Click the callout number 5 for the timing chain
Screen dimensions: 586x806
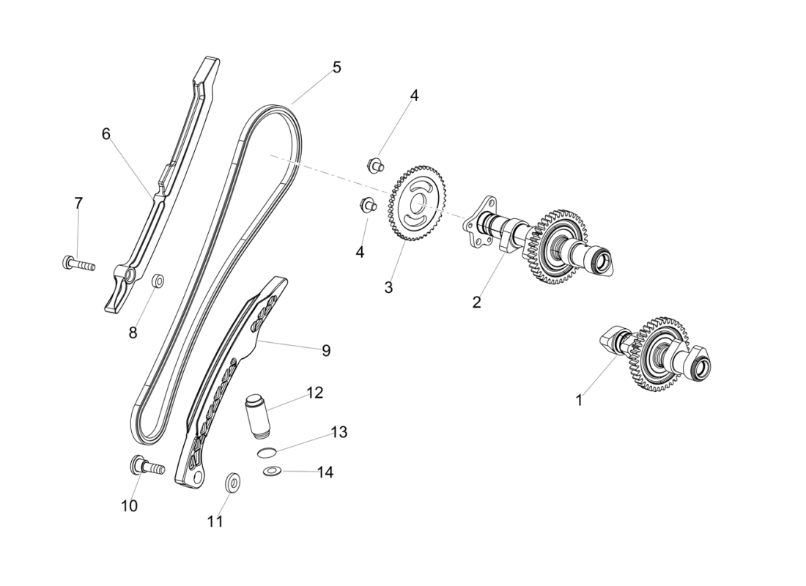[336, 67]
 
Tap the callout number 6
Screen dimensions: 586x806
[106, 133]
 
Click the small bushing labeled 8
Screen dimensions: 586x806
[158, 281]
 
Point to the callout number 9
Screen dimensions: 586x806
[325, 351]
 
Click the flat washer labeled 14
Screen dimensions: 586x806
[272, 470]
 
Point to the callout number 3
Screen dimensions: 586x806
[388, 288]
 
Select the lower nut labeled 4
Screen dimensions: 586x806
[367, 206]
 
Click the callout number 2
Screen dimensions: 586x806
[476, 302]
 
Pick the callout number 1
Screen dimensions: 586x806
[579, 401]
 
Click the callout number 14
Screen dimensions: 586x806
[325, 472]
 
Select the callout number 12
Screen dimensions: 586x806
[314, 393]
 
